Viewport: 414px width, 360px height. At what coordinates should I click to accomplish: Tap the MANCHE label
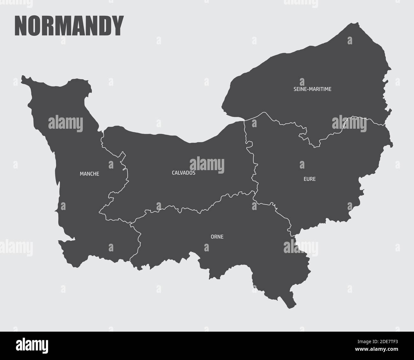click(89, 174)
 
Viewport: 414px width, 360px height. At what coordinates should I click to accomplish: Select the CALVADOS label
click(183, 173)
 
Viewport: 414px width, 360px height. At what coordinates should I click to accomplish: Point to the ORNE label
click(217, 237)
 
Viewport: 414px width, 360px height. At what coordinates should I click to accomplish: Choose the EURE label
click(310, 179)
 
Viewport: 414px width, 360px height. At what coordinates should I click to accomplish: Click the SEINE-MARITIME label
click(312, 89)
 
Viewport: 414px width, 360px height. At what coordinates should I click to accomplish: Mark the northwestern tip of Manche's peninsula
click(22, 77)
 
